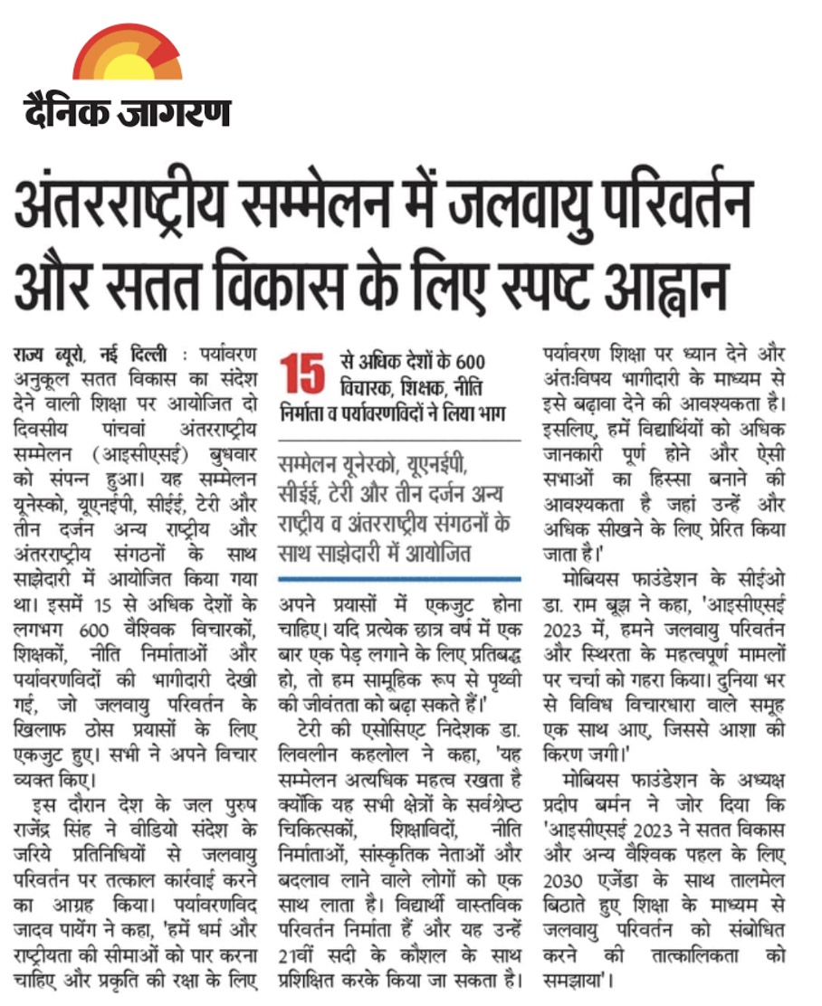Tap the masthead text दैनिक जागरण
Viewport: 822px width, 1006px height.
click(x=127, y=112)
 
